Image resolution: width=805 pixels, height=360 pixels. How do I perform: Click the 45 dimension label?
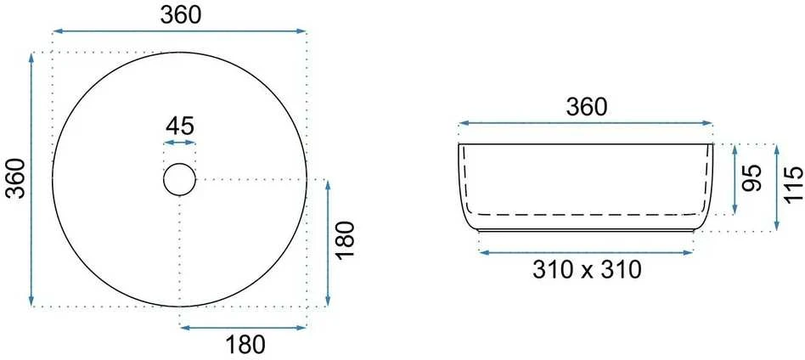point(180,126)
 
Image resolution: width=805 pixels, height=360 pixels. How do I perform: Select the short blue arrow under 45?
point(180,143)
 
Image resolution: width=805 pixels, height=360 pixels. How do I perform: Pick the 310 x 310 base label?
point(587,270)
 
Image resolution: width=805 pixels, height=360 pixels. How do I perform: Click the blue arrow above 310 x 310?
point(586,251)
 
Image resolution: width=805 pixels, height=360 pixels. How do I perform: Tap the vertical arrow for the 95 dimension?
point(735,179)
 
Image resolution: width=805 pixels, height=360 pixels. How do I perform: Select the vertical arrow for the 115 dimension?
point(777,188)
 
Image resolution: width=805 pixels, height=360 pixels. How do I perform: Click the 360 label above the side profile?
point(586,107)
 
